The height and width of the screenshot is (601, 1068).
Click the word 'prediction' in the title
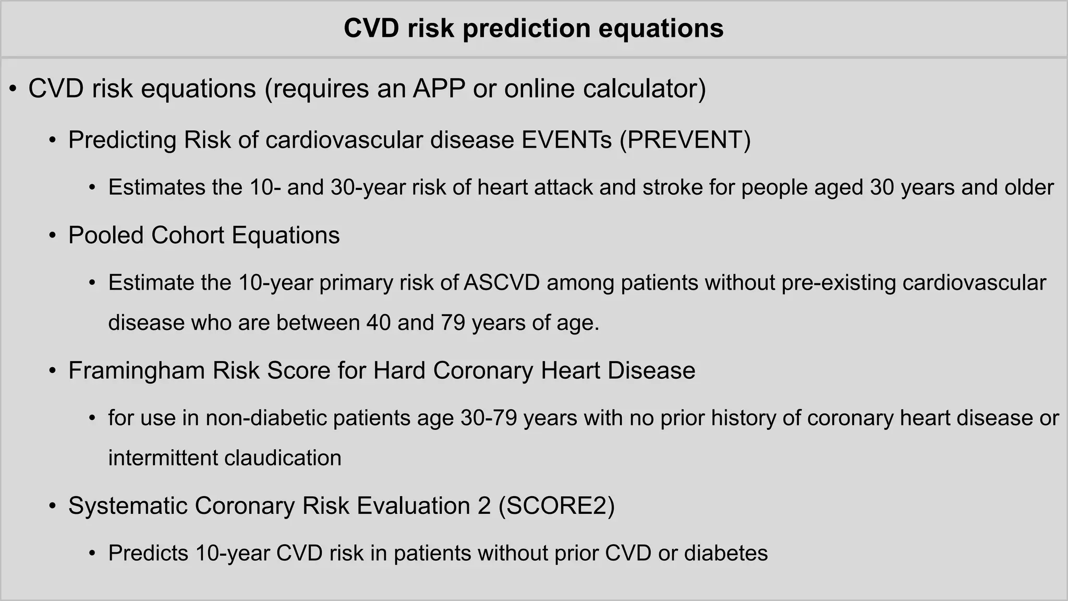click(526, 28)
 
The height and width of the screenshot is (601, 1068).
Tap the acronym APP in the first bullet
click(439, 89)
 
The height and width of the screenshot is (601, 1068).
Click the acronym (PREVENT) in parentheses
click(685, 140)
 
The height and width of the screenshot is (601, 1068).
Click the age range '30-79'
click(489, 418)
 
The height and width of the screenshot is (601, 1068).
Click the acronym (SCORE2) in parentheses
click(556, 506)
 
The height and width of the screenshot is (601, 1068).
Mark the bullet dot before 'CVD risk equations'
click(13, 89)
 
